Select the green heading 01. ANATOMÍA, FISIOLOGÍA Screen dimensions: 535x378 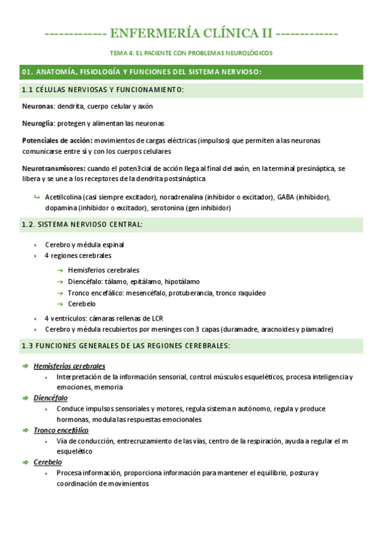[141, 72]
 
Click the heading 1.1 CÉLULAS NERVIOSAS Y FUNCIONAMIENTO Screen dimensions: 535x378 [103, 90]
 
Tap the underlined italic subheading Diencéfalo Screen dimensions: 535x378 [50, 398]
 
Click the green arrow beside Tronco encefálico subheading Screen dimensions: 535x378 [25, 430]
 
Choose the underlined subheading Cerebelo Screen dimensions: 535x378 [47, 462]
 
